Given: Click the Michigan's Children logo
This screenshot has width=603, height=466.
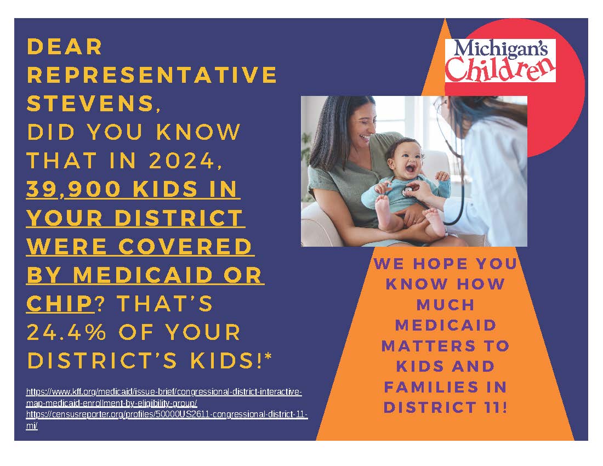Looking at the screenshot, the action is [x=500, y=60].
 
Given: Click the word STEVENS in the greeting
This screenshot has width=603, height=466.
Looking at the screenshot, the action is [x=90, y=103].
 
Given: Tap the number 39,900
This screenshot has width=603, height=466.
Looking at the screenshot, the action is [x=73, y=189].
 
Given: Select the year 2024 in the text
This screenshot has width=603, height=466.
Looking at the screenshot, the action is [x=181, y=160].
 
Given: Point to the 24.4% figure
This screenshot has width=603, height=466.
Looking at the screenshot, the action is [x=66, y=332].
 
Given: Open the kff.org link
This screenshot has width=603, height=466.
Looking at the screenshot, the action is [x=164, y=397].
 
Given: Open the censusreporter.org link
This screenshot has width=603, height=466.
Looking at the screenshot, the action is [x=167, y=420].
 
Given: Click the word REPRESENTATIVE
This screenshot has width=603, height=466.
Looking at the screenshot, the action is [x=152, y=75].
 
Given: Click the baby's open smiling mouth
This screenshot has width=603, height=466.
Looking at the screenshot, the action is [x=410, y=169].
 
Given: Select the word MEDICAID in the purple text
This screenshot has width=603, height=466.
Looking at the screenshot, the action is [x=446, y=325].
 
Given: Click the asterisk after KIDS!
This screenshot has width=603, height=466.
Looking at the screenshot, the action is [x=268, y=356].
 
